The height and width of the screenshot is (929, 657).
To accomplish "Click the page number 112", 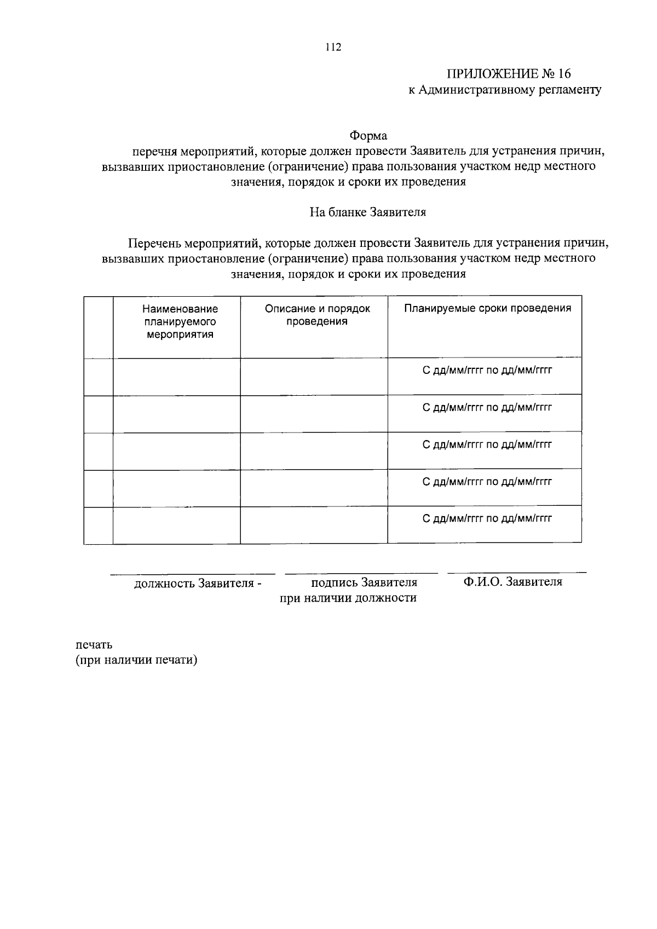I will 333,47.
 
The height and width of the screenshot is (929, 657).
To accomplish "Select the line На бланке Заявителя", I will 368,212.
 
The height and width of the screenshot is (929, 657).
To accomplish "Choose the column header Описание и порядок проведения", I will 317,315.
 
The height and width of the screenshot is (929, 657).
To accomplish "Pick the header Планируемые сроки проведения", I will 487,308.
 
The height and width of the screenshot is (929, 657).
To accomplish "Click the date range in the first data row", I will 487,371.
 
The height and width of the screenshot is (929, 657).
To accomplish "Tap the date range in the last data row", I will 487,518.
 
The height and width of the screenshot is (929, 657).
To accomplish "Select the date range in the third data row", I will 487,445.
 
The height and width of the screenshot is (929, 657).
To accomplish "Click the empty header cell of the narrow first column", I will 98,327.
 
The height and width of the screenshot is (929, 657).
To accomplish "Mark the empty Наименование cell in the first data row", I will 176,377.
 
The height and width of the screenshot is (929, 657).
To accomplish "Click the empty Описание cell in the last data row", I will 314,525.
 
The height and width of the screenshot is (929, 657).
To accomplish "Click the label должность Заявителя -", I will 198,584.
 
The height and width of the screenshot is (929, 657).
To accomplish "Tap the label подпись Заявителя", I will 364,582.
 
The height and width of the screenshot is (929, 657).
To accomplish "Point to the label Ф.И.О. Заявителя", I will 512,582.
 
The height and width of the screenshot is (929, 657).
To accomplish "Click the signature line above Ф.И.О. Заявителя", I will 516,573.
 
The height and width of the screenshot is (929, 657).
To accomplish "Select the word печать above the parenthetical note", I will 94,644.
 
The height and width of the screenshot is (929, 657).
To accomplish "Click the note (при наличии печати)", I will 136,660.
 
